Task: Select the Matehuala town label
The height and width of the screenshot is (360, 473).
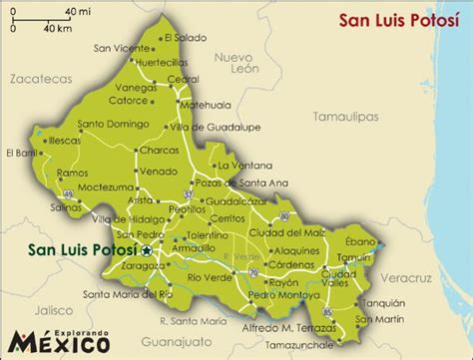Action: click(x=211, y=103)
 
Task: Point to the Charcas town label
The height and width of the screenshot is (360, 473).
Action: click(x=159, y=152)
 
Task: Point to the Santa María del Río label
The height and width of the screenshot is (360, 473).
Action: click(x=129, y=294)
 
